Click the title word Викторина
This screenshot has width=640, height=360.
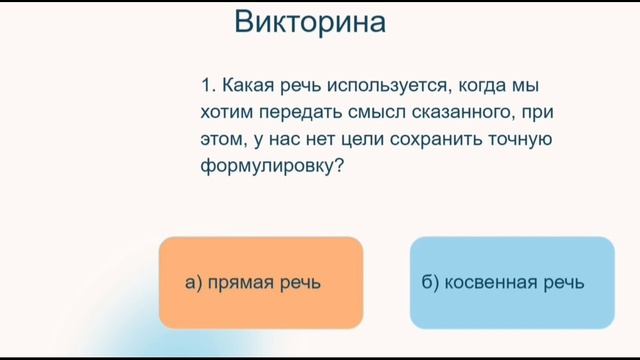point(310,21)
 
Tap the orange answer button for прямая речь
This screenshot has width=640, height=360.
point(261,283)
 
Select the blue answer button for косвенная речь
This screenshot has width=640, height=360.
point(512,283)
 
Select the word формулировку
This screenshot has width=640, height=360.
point(268,165)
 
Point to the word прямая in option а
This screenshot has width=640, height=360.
point(240,283)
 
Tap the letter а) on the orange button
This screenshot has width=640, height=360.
point(193,283)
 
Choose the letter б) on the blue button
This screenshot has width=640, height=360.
point(430,283)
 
